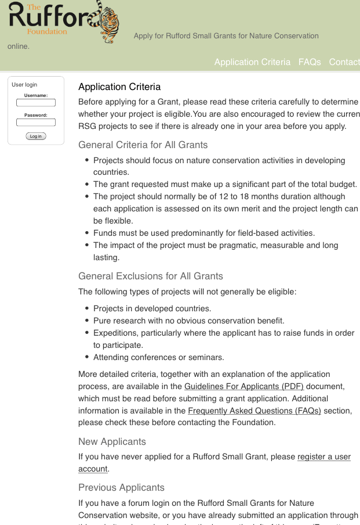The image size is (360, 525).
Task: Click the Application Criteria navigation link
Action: click(x=252, y=62)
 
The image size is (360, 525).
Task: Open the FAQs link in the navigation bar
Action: click(x=310, y=62)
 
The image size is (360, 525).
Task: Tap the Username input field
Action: click(x=36, y=103)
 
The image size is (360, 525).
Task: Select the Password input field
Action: click(x=36, y=123)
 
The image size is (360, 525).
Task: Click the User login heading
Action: click(x=24, y=85)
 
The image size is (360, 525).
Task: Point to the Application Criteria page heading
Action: click(x=119, y=87)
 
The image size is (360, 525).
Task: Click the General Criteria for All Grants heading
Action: click(x=143, y=145)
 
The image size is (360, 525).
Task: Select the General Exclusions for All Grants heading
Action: click(x=151, y=276)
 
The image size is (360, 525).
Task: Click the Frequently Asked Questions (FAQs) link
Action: click(x=254, y=411)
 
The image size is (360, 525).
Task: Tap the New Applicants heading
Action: click(x=112, y=441)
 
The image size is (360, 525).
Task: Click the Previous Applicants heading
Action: click(x=121, y=487)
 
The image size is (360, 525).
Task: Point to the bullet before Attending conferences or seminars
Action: click(x=87, y=357)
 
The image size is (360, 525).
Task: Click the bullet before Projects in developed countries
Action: click(x=87, y=308)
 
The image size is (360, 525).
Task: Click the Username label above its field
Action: click(x=36, y=95)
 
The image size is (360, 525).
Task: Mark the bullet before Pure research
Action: click(x=87, y=321)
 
